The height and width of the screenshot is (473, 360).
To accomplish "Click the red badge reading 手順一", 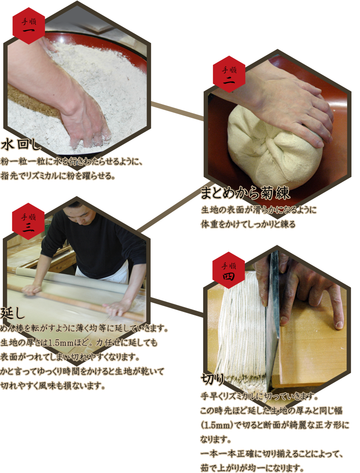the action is point(29,26).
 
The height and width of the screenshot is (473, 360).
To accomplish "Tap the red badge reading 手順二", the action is point(229,74).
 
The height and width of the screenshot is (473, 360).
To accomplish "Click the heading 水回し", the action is point(21,145).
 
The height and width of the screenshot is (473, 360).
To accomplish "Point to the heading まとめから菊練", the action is point(245,193).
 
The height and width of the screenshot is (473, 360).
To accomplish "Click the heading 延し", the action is point(12,313).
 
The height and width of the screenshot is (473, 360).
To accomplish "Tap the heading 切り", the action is point(212,379).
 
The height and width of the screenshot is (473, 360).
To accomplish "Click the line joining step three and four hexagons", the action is point(177,307).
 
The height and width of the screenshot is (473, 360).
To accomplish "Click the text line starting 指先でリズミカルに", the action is point(58,175).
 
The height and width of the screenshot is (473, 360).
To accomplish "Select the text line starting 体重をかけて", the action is point(248,224).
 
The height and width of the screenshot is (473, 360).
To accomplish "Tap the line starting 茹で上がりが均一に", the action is point(252,468).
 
